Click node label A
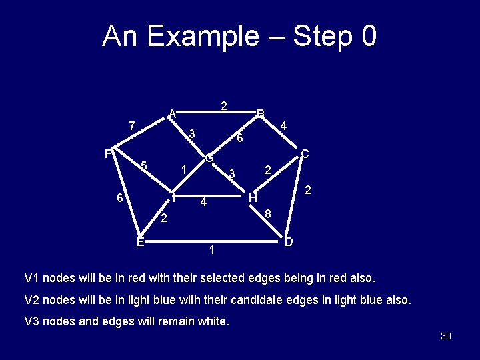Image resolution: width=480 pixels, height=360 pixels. click(172, 113)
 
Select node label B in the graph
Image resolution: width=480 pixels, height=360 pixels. click(261, 113)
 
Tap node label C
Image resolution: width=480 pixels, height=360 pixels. click(304, 154)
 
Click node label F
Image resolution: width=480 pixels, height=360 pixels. click(108, 154)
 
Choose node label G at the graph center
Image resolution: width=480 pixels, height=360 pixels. click(209, 159)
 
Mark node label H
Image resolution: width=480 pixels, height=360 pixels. click(253, 198)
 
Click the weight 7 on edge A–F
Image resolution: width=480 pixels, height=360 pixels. click(132, 125)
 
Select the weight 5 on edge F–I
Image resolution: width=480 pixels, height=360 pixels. click(143, 166)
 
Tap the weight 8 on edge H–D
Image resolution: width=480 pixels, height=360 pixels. click(267, 214)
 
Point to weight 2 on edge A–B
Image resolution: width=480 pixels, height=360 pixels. click(224, 105)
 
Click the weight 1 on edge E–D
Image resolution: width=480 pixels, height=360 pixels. click(211, 251)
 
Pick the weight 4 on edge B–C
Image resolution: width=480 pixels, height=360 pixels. click(283, 125)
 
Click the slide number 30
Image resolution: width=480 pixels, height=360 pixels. click(446, 336)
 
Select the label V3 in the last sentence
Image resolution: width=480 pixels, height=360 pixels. click(33, 321)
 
